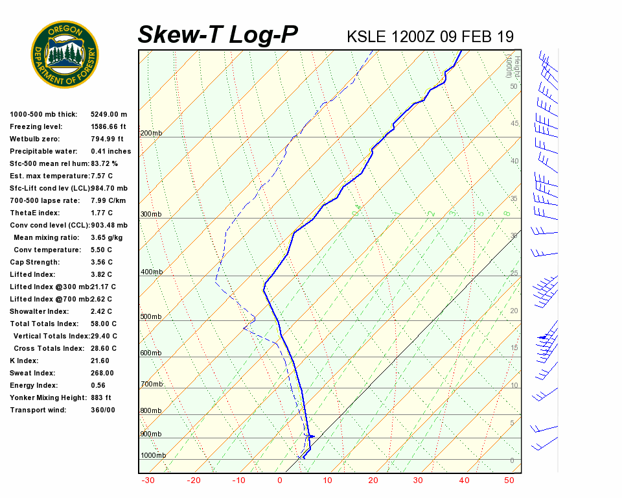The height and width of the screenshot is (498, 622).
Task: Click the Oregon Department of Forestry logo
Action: (65, 54)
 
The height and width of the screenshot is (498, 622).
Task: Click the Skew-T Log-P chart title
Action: (218, 35)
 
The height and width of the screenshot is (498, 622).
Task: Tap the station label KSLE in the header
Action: (367, 36)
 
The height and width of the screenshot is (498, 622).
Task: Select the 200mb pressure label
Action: (151, 134)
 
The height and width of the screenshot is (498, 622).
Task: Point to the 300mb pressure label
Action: (151, 215)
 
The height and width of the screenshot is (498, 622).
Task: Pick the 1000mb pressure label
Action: (153, 456)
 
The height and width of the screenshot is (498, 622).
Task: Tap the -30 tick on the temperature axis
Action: (148, 480)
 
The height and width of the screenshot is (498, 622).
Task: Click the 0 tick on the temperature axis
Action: (280, 480)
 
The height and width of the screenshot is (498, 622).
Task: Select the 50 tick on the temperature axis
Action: (509, 480)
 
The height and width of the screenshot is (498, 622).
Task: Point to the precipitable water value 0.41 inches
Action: (111, 152)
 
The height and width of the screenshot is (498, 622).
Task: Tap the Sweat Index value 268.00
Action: (102, 373)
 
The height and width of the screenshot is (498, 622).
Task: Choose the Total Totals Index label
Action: (44, 324)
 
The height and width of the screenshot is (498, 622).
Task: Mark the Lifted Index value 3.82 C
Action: (102, 275)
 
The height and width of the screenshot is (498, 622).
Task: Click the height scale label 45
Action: (514, 124)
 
